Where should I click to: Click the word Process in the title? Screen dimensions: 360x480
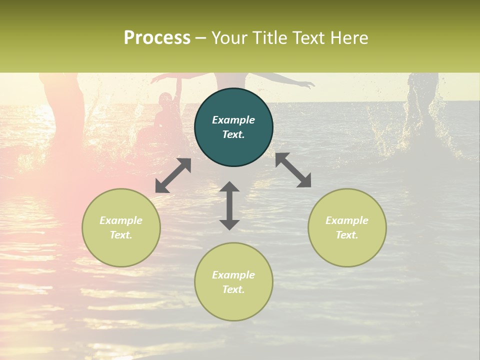[157, 37]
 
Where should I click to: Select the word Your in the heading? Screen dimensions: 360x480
[230, 37]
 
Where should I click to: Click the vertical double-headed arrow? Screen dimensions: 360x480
[229, 205]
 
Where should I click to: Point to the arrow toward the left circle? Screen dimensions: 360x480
[173, 175]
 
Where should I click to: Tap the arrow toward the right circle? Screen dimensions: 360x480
[293, 170]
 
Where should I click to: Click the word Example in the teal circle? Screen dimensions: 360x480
[233, 120]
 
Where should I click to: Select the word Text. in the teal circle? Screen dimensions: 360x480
[233, 134]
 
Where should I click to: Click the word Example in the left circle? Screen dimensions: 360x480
[121, 220]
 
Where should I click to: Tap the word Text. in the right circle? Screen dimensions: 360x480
[347, 235]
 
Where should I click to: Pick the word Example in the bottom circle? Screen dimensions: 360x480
[233, 275]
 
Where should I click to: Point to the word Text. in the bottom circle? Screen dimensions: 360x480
[233, 289]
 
